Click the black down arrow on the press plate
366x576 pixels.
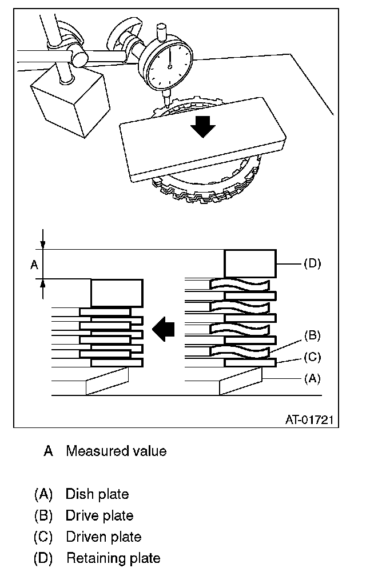[x=202, y=125]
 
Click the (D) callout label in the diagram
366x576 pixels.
[x=312, y=263]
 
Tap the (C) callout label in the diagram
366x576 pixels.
[x=312, y=357]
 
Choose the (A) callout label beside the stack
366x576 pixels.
[x=312, y=378]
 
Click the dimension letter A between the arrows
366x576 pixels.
[x=33, y=265]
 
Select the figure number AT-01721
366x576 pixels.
[x=309, y=420]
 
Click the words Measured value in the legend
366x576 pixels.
[x=116, y=451]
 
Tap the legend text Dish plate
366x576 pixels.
[x=97, y=494]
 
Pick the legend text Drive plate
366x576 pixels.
[x=100, y=516]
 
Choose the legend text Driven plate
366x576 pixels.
[x=104, y=537]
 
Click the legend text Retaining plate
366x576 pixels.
[x=113, y=558]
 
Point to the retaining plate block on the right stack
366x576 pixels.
[x=249, y=263]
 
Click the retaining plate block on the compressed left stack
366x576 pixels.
[x=116, y=293]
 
